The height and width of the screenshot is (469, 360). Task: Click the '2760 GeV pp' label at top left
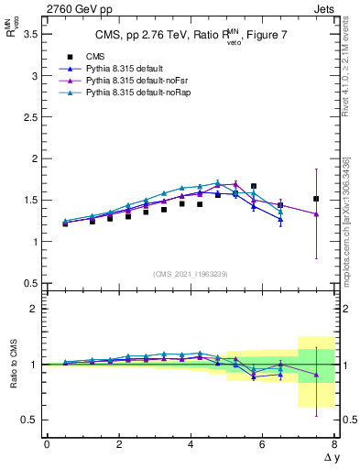pyautogui.click(x=48, y=10)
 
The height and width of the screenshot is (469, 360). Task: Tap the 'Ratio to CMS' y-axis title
pyautogui.click(x=12, y=364)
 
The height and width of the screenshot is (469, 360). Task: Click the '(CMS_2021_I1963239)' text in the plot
pyautogui.click(x=190, y=273)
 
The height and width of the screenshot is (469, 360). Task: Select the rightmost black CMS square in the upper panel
pyautogui.click(x=316, y=199)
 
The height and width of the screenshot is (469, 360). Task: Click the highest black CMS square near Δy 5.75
pyautogui.click(x=254, y=186)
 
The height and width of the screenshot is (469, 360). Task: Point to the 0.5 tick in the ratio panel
pyautogui.click(x=31, y=420)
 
